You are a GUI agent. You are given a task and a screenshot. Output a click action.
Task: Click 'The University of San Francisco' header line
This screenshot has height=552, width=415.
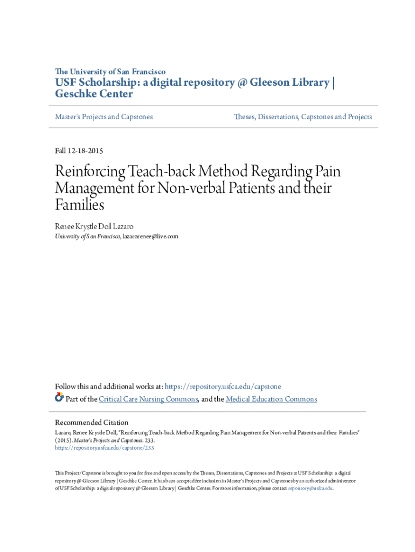point(110,71)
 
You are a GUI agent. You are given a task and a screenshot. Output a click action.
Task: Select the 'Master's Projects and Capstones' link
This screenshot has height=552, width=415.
point(104,116)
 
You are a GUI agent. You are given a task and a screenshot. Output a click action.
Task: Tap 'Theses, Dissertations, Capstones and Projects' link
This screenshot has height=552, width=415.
point(303,116)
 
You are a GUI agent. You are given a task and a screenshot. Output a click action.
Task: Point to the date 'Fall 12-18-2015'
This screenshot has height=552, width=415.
point(80,151)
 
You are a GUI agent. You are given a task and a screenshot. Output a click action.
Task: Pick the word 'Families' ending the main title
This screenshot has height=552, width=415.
point(79,205)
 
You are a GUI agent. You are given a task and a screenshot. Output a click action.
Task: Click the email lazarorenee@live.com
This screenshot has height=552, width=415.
point(150,236)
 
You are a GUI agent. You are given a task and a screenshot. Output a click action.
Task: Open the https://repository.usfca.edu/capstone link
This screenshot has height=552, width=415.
point(223,387)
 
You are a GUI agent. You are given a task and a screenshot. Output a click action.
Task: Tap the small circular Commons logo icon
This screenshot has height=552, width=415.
point(59,398)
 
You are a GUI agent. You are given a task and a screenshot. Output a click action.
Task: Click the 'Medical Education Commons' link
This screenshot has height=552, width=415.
point(271,399)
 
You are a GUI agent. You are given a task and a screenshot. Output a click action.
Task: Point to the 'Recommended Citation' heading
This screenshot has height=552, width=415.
point(92,423)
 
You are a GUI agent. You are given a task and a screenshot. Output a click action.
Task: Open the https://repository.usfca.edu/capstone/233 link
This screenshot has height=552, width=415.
point(105,447)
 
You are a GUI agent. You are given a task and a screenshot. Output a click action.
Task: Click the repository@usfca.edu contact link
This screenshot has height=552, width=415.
point(310,488)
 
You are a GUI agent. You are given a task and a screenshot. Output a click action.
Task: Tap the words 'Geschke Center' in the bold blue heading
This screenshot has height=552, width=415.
point(94,94)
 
